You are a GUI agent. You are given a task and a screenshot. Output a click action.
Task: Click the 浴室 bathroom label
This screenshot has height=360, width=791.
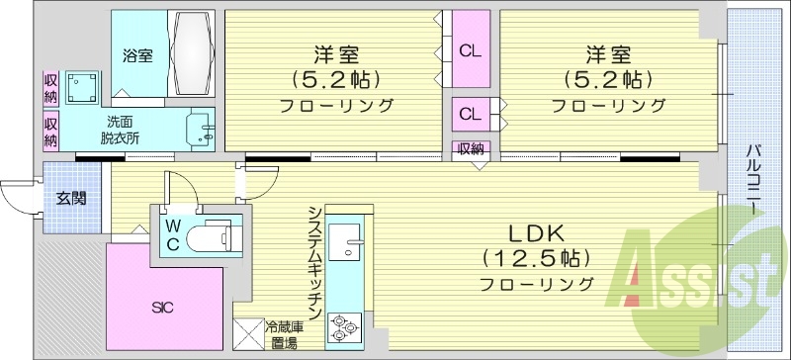tap(137, 55)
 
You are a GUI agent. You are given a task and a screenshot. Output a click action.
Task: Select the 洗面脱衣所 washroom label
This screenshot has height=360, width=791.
tap(119, 130)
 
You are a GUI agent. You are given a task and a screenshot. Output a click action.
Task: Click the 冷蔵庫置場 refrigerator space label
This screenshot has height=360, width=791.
tap(283, 333)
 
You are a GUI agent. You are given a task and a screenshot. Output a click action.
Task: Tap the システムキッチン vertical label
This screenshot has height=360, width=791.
tap(313, 261)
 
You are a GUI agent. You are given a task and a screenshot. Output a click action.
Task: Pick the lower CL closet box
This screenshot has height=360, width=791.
tap(470, 114)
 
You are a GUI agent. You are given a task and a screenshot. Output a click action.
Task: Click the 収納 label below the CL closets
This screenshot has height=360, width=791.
tap(471, 149)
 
